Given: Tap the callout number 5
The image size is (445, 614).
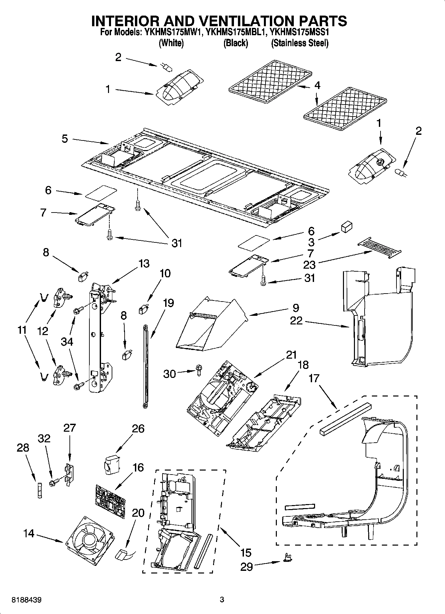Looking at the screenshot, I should click(65, 138).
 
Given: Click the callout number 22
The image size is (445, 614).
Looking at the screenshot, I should click(296, 320).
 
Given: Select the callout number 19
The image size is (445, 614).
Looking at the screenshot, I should click(168, 303).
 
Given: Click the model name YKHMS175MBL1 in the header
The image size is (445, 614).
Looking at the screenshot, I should click(235, 33).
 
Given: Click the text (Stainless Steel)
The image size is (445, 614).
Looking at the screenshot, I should click(299, 43).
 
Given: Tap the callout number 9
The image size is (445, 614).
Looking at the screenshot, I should click(295, 308).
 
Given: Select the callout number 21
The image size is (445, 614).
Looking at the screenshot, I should click(291, 355).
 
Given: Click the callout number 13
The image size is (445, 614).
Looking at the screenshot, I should click(144, 263).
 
